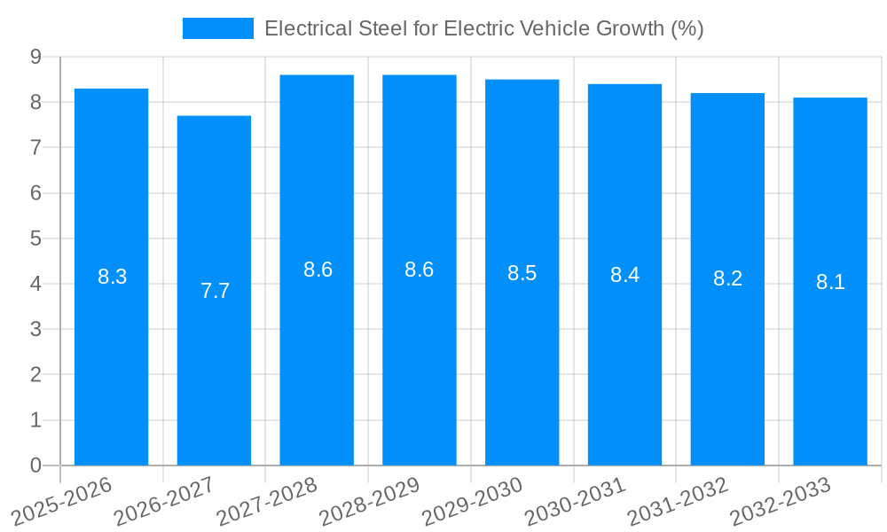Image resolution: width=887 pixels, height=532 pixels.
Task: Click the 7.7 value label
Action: (x=215, y=291)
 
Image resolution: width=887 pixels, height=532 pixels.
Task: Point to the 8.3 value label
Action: (x=112, y=277)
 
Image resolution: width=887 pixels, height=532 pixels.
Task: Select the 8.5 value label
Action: (x=522, y=273)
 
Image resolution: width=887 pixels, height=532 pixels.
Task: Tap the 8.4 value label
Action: (x=624, y=275)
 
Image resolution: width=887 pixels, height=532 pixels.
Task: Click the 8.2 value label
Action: (x=727, y=278)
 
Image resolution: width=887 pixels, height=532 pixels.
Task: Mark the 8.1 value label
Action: (x=830, y=282)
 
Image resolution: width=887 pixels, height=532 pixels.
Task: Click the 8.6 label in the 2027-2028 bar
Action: (x=318, y=270)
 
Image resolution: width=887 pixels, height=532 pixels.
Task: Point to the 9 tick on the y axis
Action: (x=35, y=57)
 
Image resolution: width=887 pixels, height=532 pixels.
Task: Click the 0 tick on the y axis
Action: (x=35, y=465)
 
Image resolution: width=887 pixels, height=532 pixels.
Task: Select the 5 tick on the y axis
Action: (x=35, y=239)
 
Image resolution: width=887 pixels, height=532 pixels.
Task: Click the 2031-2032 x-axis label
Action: (x=678, y=501)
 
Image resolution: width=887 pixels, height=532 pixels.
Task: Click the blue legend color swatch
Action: (x=217, y=28)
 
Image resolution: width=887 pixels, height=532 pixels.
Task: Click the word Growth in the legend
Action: (x=621, y=28)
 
